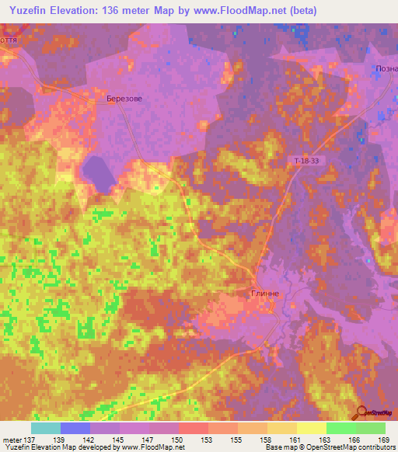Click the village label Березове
pyautogui.click(x=124, y=99)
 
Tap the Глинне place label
pyautogui.click(x=264, y=294)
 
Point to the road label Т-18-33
pyautogui.click(x=306, y=160)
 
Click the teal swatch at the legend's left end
pyautogui.click(x=45, y=428)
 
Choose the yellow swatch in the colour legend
pyautogui.click(x=311, y=428)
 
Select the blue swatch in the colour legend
pyautogui.click(x=75, y=428)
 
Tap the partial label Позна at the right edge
pyautogui.click(x=386, y=68)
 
